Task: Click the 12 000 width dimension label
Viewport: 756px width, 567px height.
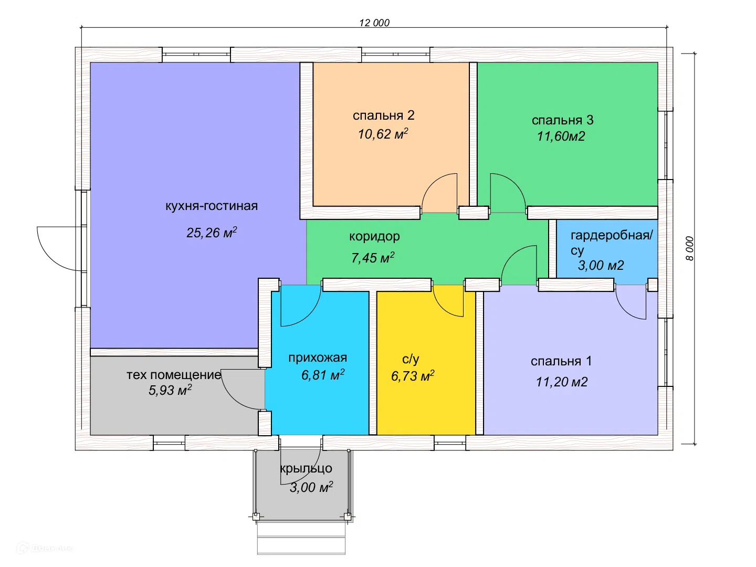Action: [x=374, y=23]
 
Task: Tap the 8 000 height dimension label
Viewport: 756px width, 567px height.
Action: [x=689, y=248]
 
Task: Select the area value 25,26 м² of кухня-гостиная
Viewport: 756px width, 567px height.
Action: [x=212, y=233]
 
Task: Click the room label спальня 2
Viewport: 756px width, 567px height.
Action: [x=383, y=115]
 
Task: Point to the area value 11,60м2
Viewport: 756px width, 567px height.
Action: [x=561, y=136]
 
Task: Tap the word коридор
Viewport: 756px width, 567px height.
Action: [x=374, y=236]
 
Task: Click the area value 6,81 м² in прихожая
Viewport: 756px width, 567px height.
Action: [x=323, y=374]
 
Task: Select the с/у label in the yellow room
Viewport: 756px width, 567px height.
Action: [x=411, y=359]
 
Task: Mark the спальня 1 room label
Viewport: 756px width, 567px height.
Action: [x=561, y=361]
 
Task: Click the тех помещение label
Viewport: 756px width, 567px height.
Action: [x=174, y=374]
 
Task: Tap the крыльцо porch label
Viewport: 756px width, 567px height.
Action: [x=306, y=468]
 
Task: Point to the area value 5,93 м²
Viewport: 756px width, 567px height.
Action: [x=170, y=390]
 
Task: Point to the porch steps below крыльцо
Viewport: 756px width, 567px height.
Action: [x=301, y=538]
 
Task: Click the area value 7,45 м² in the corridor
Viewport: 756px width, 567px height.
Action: [x=373, y=257]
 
